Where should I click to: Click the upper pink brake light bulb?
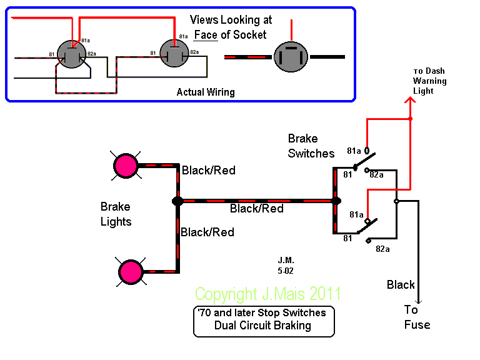click(x=125, y=166)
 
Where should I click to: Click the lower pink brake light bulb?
click(x=131, y=272)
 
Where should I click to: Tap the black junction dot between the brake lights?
click(x=177, y=201)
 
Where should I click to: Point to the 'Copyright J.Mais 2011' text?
click(x=268, y=294)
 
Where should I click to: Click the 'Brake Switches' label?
click(x=311, y=146)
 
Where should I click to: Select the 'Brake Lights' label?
click(x=116, y=214)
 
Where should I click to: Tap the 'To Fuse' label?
click(x=417, y=317)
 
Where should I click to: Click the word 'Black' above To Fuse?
click(x=401, y=285)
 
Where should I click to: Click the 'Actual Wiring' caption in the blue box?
click(x=206, y=92)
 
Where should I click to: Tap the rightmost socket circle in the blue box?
click(x=291, y=57)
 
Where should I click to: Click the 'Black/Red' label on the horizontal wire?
click(x=256, y=209)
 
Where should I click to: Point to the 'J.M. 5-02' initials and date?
click(x=286, y=265)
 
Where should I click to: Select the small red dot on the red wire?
click(x=410, y=119)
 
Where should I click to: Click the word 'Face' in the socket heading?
click(x=206, y=34)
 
